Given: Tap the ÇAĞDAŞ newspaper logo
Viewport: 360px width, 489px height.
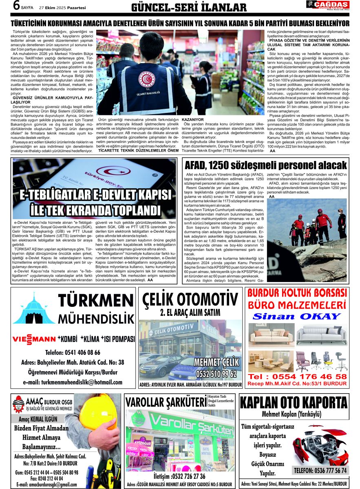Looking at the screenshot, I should pos(327,5).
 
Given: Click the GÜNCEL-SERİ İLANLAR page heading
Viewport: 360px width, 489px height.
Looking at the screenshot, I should pos(189,7).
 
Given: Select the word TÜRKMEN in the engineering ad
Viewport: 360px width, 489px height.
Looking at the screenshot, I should pos(96,301).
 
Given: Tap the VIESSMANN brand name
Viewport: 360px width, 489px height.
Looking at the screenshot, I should pos(34,339).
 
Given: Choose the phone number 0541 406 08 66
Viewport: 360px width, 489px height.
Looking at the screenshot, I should pos(73,352).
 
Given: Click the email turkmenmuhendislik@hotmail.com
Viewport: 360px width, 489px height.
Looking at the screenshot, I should pos(73,382).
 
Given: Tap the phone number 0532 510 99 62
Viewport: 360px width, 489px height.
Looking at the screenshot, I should pos(216,373).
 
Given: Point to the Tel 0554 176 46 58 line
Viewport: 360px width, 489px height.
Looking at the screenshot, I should pos(297,376).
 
